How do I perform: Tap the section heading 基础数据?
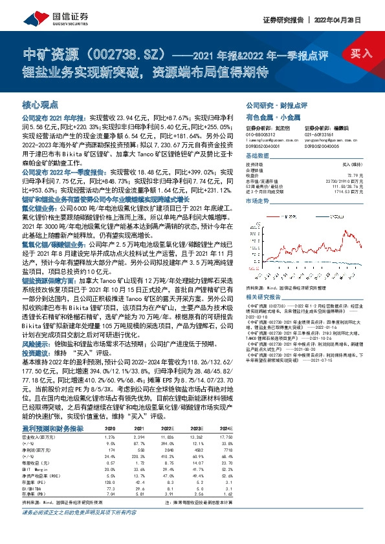pos(257,158)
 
